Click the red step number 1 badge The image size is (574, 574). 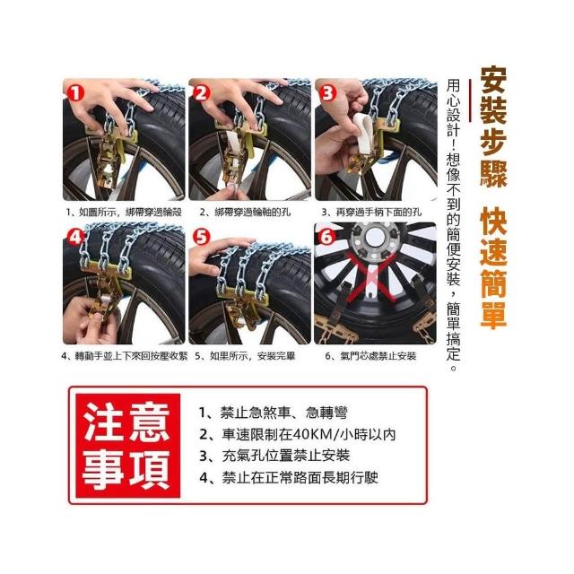point(74,93)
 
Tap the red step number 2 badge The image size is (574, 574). point(201,93)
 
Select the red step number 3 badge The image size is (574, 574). point(326,93)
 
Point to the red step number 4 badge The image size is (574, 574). point(74,237)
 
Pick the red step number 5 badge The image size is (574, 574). point(201,237)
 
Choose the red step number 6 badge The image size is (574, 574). point(326,237)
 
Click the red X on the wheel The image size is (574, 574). point(372,276)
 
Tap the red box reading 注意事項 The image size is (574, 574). point(126,446)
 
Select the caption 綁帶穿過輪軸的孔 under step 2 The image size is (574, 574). point(252,212)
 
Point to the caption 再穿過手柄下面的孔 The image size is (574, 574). point(378,212)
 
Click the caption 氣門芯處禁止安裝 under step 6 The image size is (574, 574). point(378,356)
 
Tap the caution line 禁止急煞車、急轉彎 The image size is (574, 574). point(283,413)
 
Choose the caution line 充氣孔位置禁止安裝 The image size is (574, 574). point(286,457)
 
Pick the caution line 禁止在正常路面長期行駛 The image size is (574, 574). point(300,478)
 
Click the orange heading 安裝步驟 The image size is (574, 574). point(493,127)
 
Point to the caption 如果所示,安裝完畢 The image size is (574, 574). point(252,356)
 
